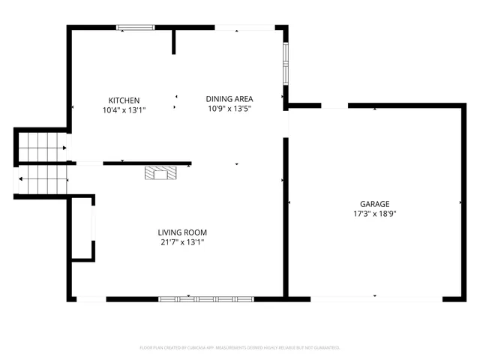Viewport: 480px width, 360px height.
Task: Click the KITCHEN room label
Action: (124, 100)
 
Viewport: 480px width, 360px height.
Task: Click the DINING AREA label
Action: (229, 98)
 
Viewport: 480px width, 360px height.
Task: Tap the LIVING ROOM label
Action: (182, 232)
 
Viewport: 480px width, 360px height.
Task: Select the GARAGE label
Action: (374, 204)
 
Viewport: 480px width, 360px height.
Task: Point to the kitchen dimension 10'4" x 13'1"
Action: (124, 110)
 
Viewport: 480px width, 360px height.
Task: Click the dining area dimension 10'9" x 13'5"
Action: (229, 108)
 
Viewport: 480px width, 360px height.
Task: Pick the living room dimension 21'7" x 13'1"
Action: (182, 242)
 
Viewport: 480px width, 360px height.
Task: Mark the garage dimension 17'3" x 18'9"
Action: (374, 214)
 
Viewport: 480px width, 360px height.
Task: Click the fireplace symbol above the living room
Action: (162, 173)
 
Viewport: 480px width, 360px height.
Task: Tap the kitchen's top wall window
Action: (135, 28)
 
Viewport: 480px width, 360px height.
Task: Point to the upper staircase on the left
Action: (39, 145)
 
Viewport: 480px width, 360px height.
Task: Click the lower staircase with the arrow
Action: (43, 180)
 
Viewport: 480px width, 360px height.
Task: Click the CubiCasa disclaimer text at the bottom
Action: (240, 348)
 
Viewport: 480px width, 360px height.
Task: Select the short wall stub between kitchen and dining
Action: (174, 42)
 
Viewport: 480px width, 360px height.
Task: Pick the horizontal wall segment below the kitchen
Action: (146, 163)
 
